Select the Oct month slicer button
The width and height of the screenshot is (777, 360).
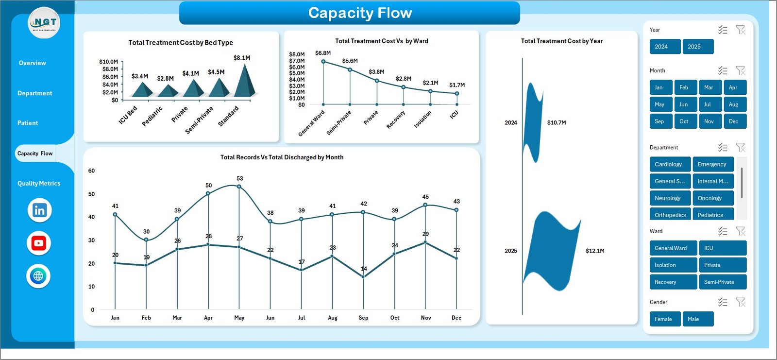pyautogui.click(x=684, y=121)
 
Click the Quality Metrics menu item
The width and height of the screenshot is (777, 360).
pyautogui.click(x=39, y=184)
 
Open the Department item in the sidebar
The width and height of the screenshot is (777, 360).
pyautogui.click(x=34, y=93)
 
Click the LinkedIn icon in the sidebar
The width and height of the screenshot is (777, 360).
pyautogui.click(x=39, y=210)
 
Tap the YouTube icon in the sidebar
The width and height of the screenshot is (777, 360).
pyautogui.click(x=39, y=243)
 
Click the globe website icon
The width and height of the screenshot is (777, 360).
pyautogui.click(x=38, y=276)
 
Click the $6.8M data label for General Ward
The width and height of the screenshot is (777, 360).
pyautogui.click(x=323, y=53)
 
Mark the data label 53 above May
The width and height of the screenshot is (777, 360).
pyautogui.click(x=240, y=179)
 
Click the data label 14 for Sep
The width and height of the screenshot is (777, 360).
pyautogui.click(x=364, y=269)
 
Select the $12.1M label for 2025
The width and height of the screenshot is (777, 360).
pyautogui.click(x=595, y=251)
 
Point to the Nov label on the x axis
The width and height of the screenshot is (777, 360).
pyautogui.click(x=426, y=318)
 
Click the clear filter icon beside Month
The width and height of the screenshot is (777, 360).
pyautogui.click(x=741, y=71)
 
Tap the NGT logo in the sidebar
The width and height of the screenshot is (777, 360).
pyautogui.click(x=44, y=23)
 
